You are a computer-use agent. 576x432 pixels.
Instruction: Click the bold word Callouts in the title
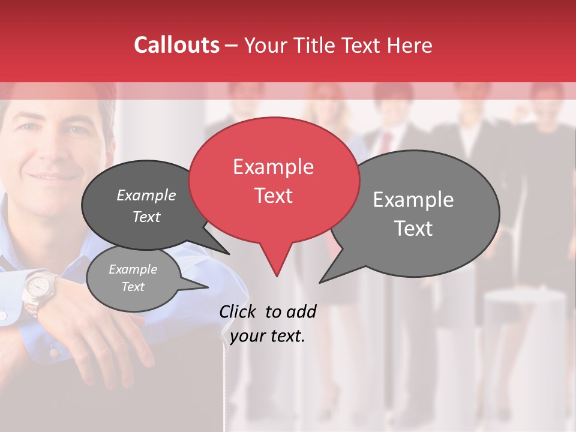pos(176,45)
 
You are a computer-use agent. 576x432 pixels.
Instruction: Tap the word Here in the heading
pos(410,46)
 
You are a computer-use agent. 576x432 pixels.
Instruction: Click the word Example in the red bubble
pos(273,167)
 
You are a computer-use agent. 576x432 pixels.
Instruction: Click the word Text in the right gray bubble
pos(414,229)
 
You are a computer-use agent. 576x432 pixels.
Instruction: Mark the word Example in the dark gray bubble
pos(146,195)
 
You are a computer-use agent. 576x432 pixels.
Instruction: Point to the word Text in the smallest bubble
pos(133,287)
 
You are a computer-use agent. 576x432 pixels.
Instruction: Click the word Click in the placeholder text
pos(239,311)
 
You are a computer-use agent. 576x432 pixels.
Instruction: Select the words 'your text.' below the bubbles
pos(268,336)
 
